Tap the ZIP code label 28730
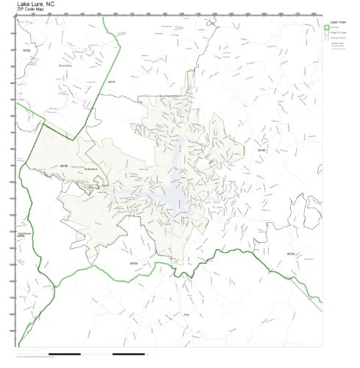point(27,50)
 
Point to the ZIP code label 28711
point(111,82)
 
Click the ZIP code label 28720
point(64,166)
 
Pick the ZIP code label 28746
point(261,149)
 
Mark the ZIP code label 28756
point(133,262)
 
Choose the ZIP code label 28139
point(290,255)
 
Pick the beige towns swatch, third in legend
point(327,40)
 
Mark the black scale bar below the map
point(133,355)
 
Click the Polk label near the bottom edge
point(186,314)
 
